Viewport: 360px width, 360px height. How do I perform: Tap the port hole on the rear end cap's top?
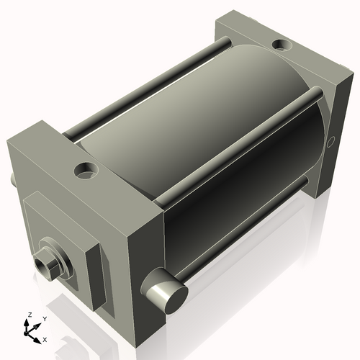click(x=282, y=45)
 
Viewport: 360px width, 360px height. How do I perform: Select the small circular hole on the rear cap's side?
click(x=331, y=142)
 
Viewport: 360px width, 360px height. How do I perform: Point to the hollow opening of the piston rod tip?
click(x=41, y=265)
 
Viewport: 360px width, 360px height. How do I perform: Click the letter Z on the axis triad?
click(x=30, y=315)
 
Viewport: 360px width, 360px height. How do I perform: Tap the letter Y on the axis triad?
click(x=45, y=319)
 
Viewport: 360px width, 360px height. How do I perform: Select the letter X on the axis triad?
click(x=45, y=340)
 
